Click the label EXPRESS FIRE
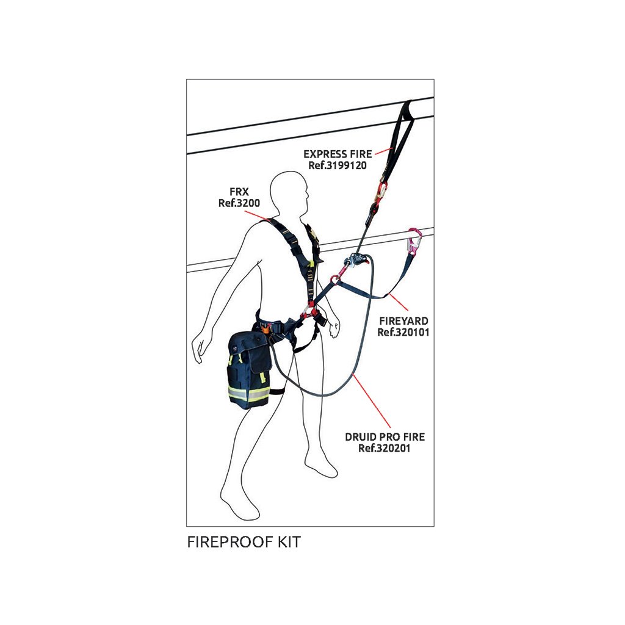click(337, 154)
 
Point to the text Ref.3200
click(233, 203)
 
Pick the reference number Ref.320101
click(402, 332)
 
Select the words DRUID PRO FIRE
click(385, 437)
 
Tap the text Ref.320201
click(385, 449)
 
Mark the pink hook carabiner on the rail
click(414, 243)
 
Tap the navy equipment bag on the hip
click(248, 368)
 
